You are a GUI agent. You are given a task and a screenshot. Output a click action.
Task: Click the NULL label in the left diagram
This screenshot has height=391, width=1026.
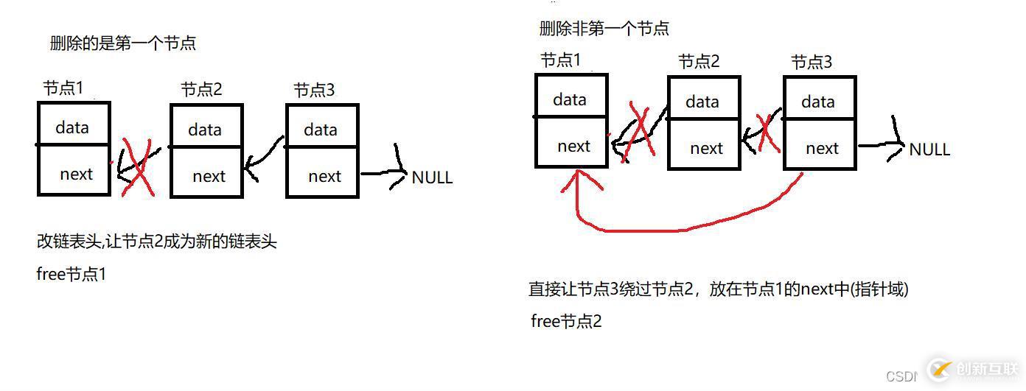432,177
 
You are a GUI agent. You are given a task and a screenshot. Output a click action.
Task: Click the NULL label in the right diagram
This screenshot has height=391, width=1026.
929,149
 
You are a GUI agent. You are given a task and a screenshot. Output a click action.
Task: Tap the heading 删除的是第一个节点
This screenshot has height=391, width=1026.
123,43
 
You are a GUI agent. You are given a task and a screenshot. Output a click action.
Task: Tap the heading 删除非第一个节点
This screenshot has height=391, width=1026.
604,29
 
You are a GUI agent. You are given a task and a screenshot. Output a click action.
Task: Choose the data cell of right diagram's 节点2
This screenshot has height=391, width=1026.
703,100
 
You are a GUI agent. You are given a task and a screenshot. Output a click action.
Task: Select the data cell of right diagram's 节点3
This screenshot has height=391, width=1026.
819,100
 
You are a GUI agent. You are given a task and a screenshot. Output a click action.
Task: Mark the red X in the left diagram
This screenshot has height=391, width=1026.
137,166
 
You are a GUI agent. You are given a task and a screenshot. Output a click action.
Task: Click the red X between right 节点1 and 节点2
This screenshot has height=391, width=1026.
638,133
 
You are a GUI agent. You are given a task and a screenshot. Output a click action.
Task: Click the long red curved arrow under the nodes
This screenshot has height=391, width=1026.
685,229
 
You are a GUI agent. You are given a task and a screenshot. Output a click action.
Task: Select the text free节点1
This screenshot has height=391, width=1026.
71,275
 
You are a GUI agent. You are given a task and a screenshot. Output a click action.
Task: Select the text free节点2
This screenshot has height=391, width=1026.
566,321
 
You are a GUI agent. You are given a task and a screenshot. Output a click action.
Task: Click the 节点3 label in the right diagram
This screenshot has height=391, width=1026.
812,63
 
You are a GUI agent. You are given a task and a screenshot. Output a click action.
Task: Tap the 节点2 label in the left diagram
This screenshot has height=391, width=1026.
201,90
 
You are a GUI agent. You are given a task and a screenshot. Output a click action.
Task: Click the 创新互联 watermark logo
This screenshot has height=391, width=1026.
973,369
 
